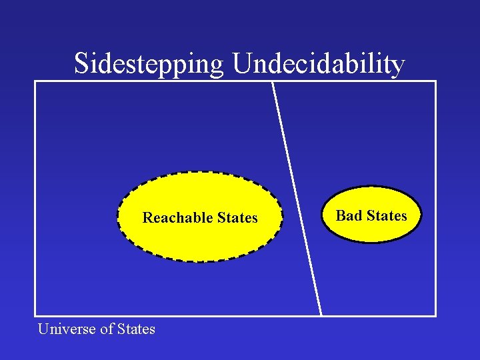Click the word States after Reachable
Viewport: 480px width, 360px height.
(x=236, y=218)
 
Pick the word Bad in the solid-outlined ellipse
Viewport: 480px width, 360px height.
(x=349, y=215)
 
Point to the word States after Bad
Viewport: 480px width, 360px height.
(x=387, y=215)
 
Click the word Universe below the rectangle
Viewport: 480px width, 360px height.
(x=65, y=329)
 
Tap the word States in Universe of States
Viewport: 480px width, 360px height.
(x=136, y=329)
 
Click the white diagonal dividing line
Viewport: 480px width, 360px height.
(x=297, y=199)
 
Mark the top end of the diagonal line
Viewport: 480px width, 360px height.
(x=272, y=82)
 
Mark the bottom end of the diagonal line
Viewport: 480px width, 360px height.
(x=321, y=315)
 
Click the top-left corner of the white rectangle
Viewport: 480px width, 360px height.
(x=35, y=81)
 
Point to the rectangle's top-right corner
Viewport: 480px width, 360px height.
(x=435, y=81)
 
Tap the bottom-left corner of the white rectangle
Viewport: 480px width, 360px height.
(x=35, y=315)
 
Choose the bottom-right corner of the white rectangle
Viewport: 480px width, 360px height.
(x=435, y=315)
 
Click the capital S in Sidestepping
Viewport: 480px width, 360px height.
(x=81, y=64)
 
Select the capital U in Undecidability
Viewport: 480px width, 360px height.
(x=242, y=64)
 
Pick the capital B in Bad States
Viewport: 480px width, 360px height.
(x=341, y=215)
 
